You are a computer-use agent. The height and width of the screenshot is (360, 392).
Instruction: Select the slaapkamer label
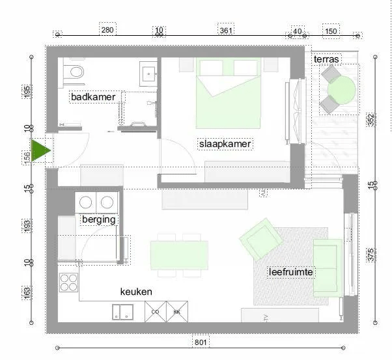click(225, 143)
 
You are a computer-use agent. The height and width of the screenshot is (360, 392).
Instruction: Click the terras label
click(326, 59)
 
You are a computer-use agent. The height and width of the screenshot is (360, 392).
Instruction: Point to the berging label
click(98, 219)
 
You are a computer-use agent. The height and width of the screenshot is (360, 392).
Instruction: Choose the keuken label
click(136, 292)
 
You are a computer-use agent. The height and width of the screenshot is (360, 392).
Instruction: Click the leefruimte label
click(291, 271)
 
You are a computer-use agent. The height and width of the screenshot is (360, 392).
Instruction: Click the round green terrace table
click(343, 90)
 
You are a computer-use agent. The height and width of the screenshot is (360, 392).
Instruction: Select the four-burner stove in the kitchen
click(68, 282)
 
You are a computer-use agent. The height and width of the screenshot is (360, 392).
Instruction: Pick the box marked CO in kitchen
click(155, 312)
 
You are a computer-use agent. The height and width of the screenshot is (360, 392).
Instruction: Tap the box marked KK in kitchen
click(176, 312)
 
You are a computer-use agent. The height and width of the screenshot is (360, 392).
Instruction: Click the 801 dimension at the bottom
click(201, 341)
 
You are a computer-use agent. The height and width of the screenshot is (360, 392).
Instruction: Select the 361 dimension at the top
click(226, 30)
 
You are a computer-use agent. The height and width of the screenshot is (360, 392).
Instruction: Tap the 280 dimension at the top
click(107, 30)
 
